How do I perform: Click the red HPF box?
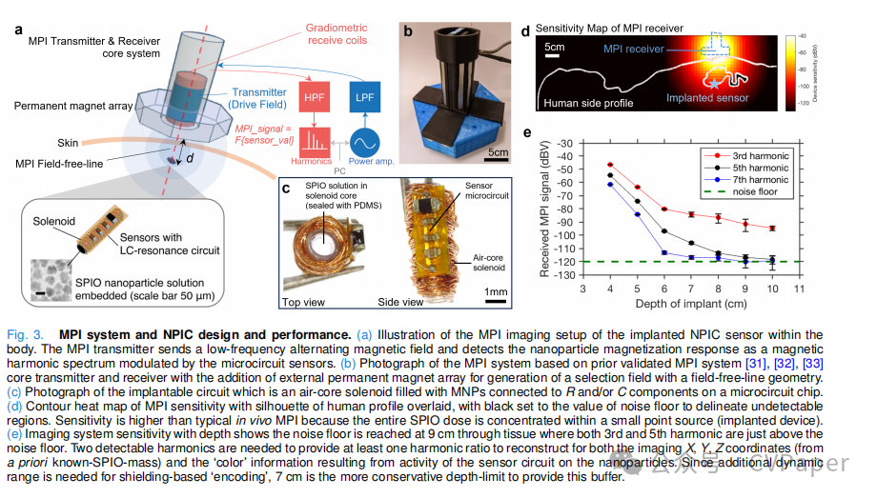tap(315, 98)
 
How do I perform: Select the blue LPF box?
tap(362, 98)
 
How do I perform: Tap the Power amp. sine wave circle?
tap(363, 145)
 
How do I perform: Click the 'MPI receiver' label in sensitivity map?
tap(641, 48)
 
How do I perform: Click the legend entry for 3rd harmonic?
tap(754, 154)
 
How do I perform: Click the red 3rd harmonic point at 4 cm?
tap(610, 165)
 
